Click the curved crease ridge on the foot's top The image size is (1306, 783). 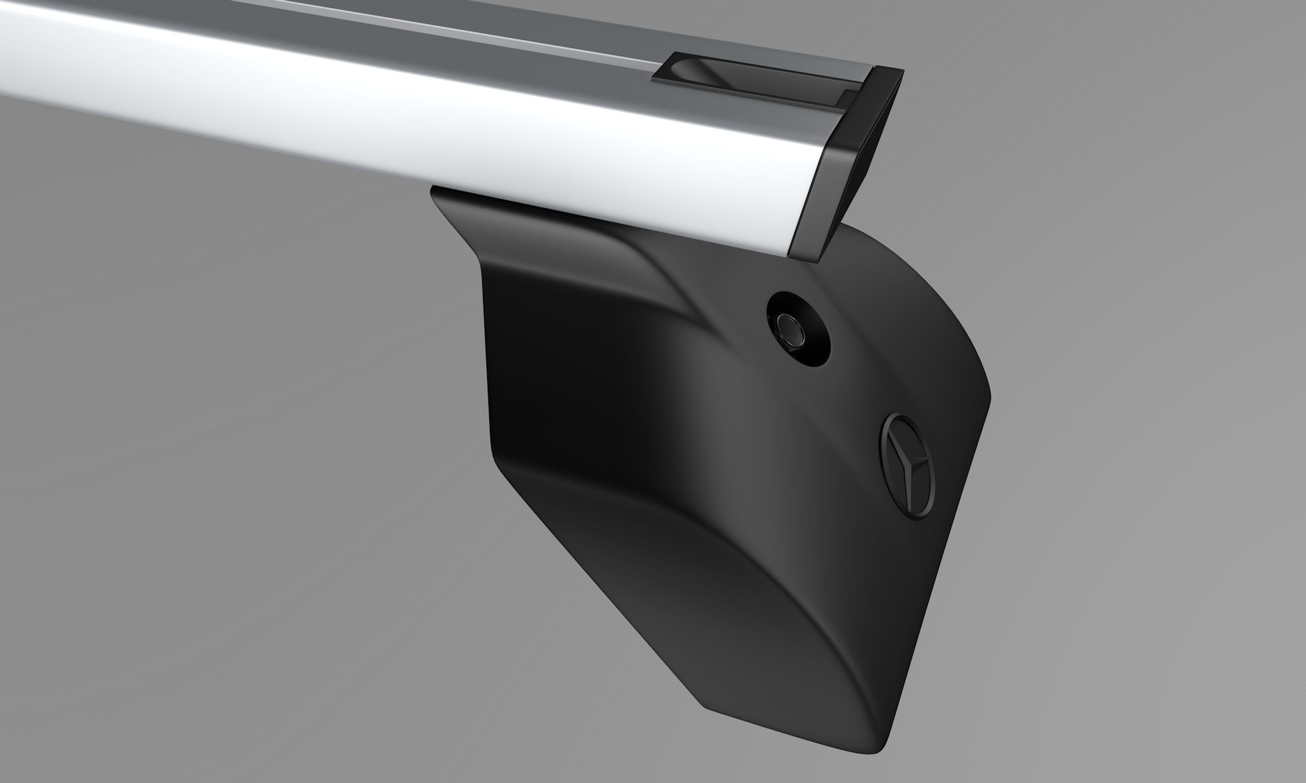click(673, 285)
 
